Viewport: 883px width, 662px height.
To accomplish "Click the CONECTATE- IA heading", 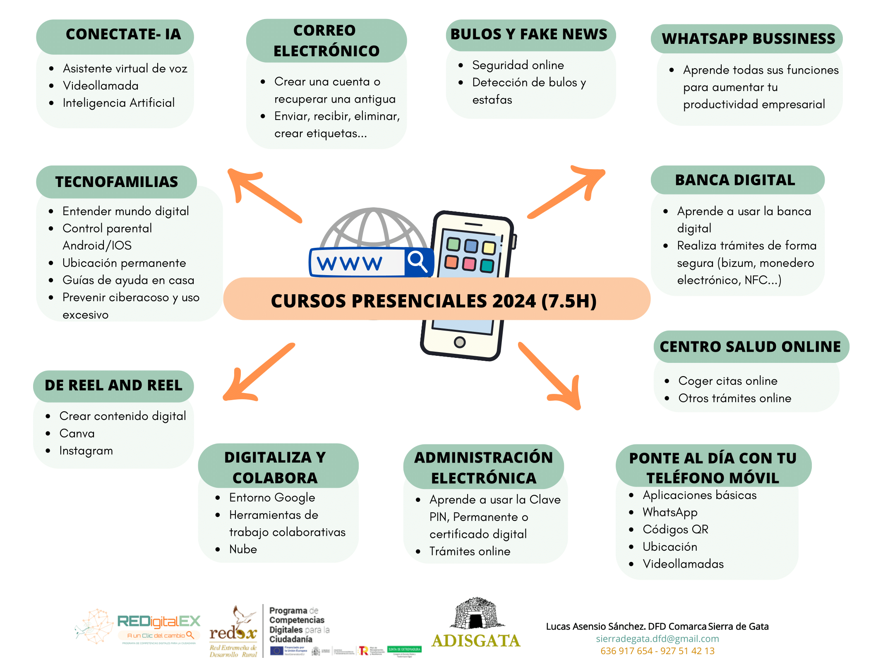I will [x=123, y=34].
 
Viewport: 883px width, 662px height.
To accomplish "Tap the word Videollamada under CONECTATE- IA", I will [x=101, y=86].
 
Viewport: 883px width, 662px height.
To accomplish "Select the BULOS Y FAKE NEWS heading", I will [x=529, y=34].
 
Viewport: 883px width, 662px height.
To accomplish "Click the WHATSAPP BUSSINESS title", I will [x=748, y=38].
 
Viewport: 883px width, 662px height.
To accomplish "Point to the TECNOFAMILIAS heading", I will [x=117, y=182].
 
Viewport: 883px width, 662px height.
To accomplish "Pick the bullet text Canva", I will [x=77, y=433].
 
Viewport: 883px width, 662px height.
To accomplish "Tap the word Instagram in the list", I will [x=86, y=451].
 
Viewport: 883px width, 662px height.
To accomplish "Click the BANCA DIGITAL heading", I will [x=735, y=180].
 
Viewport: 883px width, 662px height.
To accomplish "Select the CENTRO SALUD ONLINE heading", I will [x=750, y=347].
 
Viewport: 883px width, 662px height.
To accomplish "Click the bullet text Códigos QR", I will [x=675, y=529].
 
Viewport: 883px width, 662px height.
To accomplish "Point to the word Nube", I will [x=243, y=549].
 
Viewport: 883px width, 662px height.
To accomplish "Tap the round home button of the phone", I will [x=459, y=342].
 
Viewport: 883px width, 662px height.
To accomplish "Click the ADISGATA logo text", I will [x=476, y=640].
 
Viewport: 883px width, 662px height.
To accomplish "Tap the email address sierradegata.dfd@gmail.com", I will [x=657, y=639].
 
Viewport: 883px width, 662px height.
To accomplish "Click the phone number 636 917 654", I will [x=626, y=651].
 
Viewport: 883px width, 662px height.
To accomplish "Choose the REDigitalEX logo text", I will [x=159, y=621].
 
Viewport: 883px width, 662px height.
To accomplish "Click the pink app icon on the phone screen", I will [x=469, y=264].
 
